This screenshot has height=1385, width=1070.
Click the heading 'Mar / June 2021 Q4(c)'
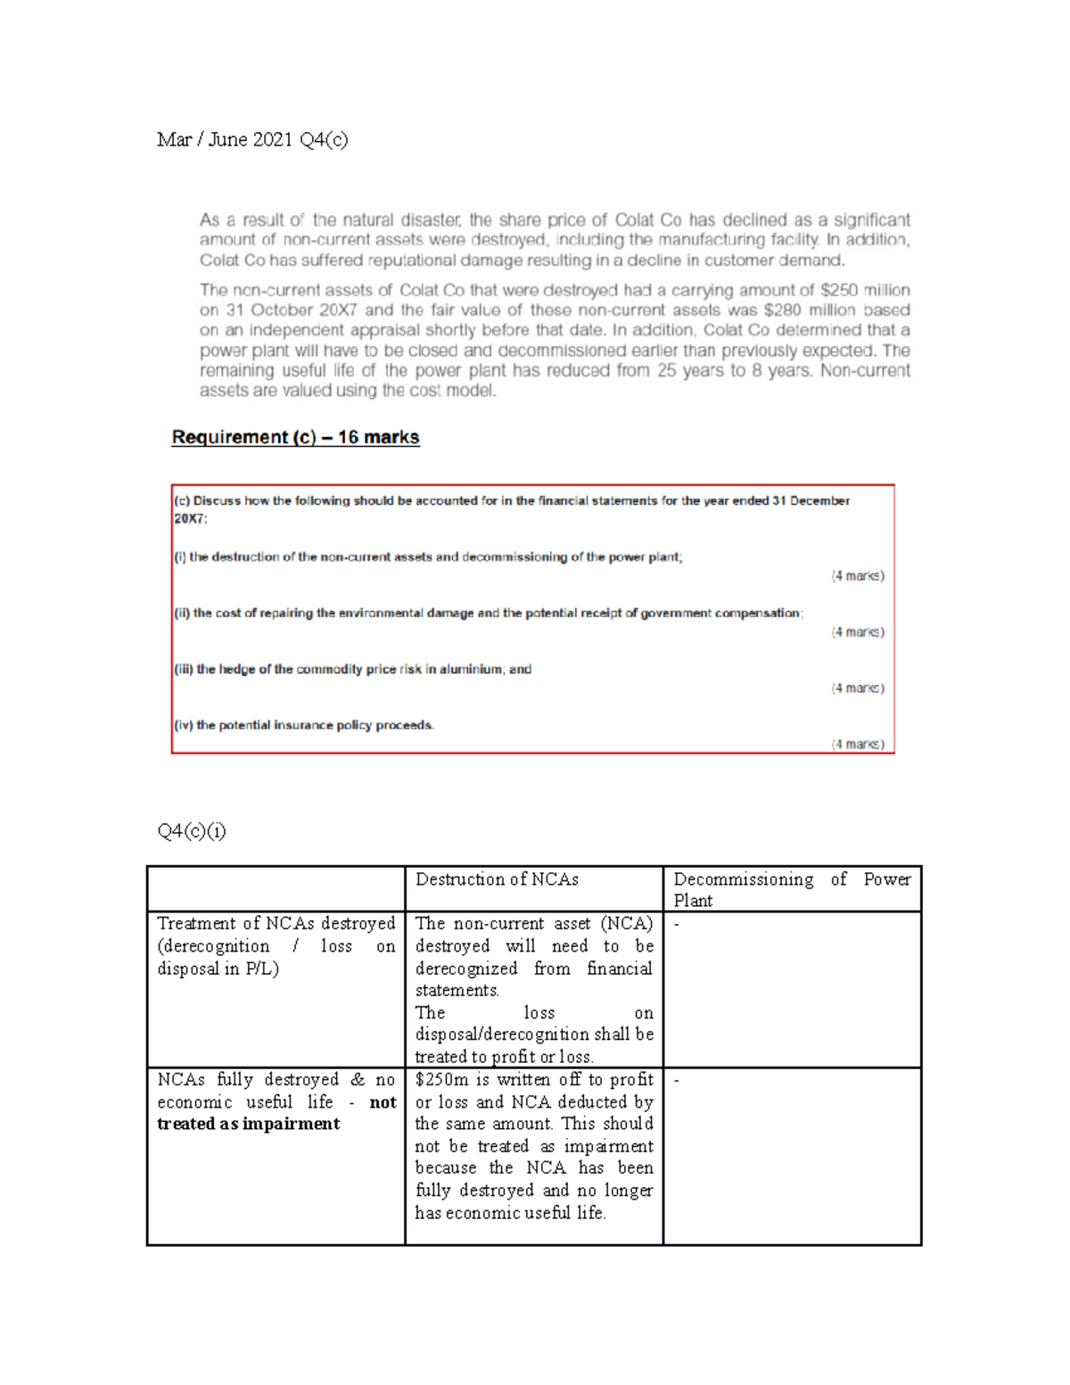click(x=252, y=139)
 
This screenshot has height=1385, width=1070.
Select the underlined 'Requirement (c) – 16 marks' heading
click(x=295, y=437)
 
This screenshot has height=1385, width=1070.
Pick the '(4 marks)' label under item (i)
click(x=857, y=576)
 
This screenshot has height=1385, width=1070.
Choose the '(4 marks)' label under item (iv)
click(x=857, y=744)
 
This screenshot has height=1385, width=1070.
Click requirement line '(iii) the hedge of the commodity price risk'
click(x=353, y=669)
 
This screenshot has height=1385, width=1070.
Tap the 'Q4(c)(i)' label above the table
click(x=192, y=831)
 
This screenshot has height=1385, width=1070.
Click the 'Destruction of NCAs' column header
click(x=497, y=879)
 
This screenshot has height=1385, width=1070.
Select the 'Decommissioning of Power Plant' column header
click(x=791, y=889)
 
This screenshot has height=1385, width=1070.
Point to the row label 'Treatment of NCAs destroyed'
click(x=276, y=923)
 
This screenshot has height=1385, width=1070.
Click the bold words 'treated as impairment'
click(x=248, y=1124)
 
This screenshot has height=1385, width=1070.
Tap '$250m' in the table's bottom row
click(x=442, y=1080)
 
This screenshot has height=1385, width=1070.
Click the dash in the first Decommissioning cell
click(x=677, y=925)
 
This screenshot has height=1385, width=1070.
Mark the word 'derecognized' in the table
click(x=466, y=969)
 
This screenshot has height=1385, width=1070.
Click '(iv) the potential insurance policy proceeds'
click(x=304, y=725)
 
